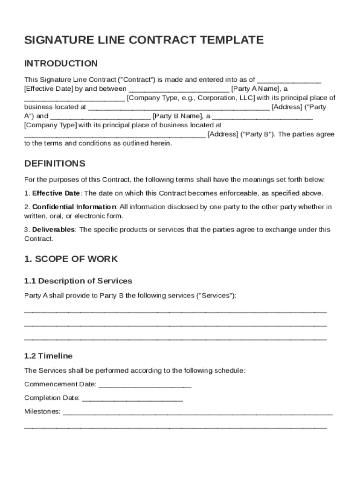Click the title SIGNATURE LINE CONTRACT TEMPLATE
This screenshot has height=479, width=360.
pos(144,40)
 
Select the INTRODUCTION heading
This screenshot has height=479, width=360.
pos(61,64)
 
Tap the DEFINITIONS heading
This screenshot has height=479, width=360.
pos(55,164)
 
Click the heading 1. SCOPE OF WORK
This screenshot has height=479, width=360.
pos(71,259)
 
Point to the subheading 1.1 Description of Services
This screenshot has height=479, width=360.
pos(78,281)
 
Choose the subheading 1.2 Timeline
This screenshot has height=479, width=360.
pos(48,356)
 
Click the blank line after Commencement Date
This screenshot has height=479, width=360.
pos(145,385)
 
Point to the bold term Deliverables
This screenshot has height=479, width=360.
pos(53,230)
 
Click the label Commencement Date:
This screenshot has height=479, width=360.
pos(60,385)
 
